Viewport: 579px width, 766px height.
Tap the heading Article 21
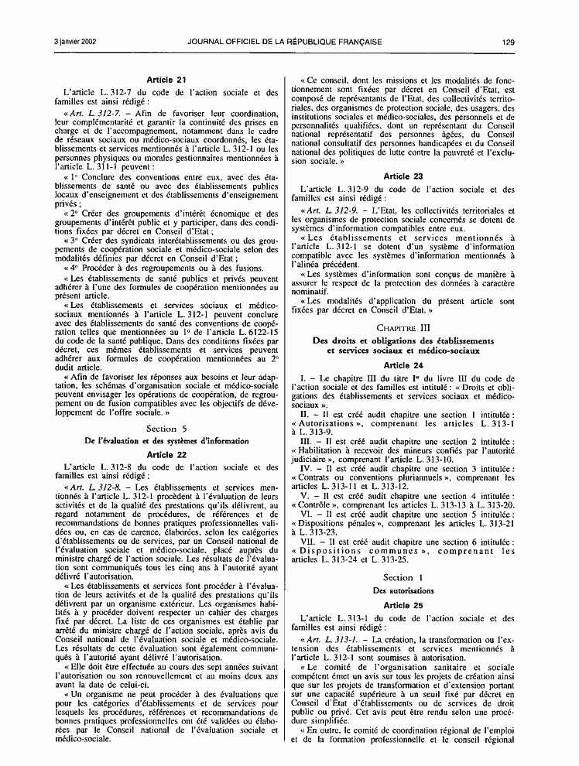[166, 80]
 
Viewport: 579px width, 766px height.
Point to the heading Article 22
[166, 454]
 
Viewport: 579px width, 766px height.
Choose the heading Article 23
[403, 176]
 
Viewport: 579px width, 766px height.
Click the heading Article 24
[403, 364]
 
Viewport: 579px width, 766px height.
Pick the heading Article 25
[403, 604]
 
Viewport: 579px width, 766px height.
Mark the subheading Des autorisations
[403, 590]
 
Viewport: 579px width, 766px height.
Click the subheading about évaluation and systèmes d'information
[166, 441]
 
